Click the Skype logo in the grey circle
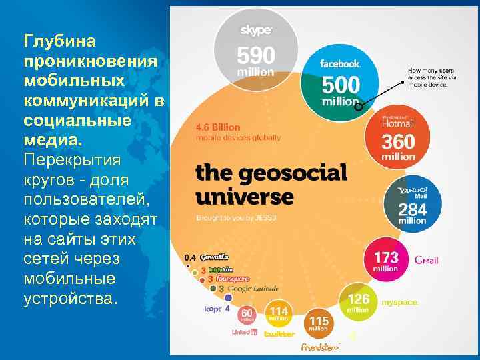256,30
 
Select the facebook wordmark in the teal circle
341,64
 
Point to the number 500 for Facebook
341,85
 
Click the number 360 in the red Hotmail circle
398,142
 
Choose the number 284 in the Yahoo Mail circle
413,209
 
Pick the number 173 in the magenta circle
387,257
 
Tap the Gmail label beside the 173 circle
426,260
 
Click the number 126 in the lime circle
358,299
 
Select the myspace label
400,303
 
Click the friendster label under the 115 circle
320,347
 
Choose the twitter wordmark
279,333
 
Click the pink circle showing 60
246,314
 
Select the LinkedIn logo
244,332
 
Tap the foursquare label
231,279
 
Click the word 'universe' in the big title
244,197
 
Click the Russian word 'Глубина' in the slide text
60,41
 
